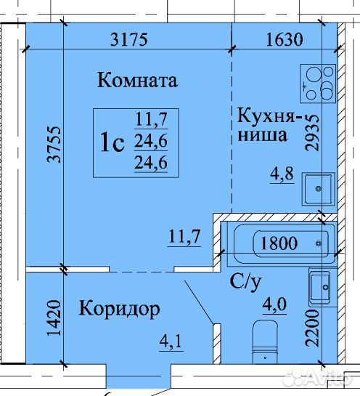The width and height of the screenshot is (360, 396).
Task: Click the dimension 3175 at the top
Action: click(x=129, y=40)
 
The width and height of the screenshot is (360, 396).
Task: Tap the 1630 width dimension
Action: click(x=285, y=40)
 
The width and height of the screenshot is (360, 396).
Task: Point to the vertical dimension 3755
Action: click(x=54, y=144)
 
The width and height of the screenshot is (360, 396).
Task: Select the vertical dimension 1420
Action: click(x=54, y=318)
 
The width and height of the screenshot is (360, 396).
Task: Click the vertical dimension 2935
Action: click(x=312, y=133)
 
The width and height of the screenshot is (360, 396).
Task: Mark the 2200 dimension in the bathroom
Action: click(x=312, y=328)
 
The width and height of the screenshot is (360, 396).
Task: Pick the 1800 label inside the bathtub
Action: click(x=279, y=243)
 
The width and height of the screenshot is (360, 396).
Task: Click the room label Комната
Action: click(x=137, y=80)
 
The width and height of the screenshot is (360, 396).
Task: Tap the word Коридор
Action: click(x=119, y=309)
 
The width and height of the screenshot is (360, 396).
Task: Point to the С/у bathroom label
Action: click(x=245, y=282)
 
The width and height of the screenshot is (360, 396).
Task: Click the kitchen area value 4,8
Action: click(x=282, y=174)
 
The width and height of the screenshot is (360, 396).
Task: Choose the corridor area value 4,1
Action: click(x=171, y=342)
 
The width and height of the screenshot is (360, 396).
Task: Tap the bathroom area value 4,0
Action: click(x=274, y=305)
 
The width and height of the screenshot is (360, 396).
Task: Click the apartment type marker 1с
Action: click(x=112, y=142)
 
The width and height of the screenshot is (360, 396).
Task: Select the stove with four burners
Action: click(x=318, y=84)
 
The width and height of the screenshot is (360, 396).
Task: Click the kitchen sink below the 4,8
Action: click(x=319, y=189)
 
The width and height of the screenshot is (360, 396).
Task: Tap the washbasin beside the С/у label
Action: click(x=322, y=288)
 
